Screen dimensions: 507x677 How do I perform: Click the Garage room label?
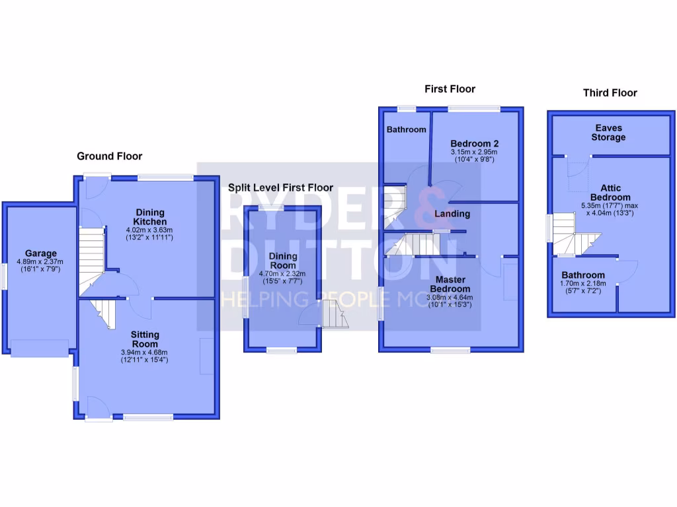[41, 253]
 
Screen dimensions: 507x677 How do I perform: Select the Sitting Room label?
[144, 339]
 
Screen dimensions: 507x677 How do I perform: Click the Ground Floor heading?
[109, 156]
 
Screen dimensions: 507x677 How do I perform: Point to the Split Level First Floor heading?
[280, 187]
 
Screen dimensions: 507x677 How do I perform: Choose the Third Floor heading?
[610, 93]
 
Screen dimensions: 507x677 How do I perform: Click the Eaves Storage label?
[608, 133]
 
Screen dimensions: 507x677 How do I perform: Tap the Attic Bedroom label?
[611, 192]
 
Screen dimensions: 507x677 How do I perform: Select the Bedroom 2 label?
[474, 144]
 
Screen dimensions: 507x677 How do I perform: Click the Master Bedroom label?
[450, 285]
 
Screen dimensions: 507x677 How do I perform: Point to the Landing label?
[452, 214]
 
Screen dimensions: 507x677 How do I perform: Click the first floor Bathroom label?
[406, 129]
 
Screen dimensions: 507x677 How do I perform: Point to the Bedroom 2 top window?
[474, 109]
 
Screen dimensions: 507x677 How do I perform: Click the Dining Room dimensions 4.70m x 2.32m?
[282, 276]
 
